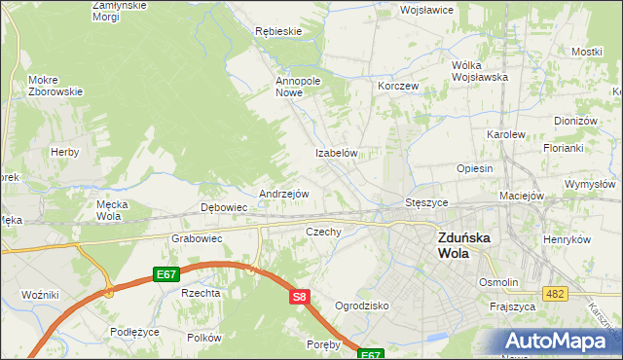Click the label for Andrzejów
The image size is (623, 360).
click(x=283, y=194)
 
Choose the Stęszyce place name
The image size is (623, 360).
click(x=426, y=202)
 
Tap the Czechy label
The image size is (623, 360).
click(x=323, y=232)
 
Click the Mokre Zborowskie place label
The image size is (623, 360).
click(x=55, y=85)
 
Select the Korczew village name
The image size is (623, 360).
click(x=398, y=86)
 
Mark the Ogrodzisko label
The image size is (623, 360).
click(x=361, y=306)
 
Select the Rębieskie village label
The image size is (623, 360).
click(x=278, y=31)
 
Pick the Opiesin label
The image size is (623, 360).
click(x=474, y=168)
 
